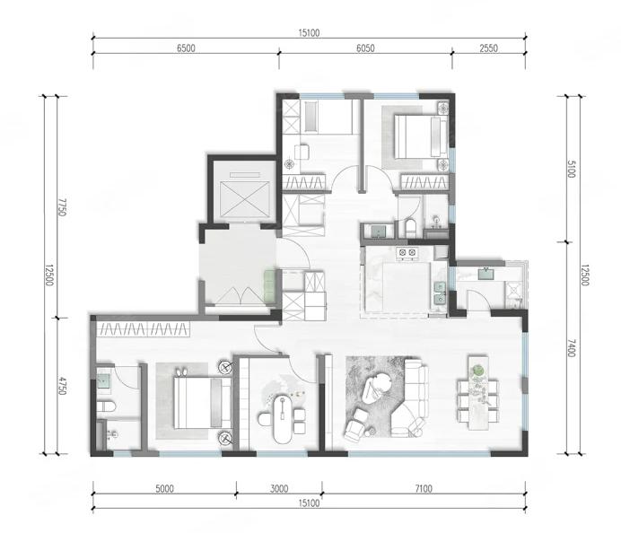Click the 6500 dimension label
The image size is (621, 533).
[x=186, y=48]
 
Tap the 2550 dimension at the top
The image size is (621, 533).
[x=488, y=48]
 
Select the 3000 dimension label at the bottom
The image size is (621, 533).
[x=279, y=489]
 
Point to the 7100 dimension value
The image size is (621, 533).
[x=424, y=489]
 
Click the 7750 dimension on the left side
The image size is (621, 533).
[x=62, y=207]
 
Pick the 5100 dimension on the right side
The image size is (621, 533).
[x=571, y=169]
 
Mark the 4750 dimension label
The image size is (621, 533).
[x=62, y=385]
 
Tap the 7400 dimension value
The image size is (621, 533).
[x=571, y=347]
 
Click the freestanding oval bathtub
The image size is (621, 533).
[x=282, y=419]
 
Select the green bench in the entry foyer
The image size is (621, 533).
[x=269, y=286]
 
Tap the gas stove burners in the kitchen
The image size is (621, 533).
[x=407, y=252]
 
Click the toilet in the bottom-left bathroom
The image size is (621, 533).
[x=106, y=406]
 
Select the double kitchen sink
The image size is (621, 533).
[x=439, y=293]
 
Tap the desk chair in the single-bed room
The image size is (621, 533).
[x=302, y=152]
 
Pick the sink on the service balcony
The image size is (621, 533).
[x=485, y=274]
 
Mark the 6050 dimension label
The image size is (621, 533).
[x=365, y=48]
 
